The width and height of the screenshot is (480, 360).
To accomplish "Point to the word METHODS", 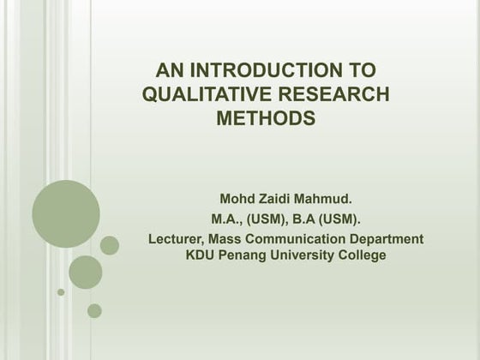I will (x=266, y=119).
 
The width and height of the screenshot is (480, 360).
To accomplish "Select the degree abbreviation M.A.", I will (x=226, y=219).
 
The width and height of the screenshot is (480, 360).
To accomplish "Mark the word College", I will (x=363, y=255).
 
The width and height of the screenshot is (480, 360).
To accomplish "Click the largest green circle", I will (x=66, y=213).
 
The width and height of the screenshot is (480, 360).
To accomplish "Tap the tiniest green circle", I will (x=61, y=292).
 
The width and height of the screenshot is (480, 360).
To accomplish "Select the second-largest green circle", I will (x=86, y=272).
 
